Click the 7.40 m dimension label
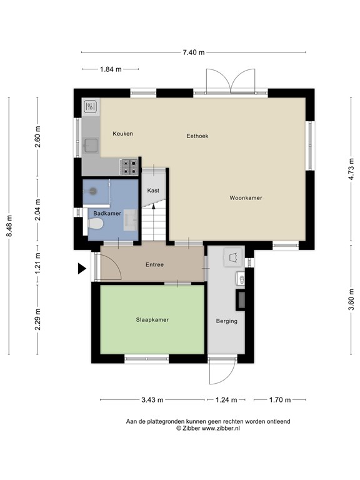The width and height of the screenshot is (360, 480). (194, 52)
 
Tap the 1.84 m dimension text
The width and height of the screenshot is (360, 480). (111, 69)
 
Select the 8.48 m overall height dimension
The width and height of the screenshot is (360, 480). (9, 226)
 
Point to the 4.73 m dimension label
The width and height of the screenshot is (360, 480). (351, 168)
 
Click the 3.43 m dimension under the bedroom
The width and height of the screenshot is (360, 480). (152, 400)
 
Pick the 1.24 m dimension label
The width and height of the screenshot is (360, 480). (226, 400)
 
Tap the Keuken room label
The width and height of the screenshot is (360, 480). (122, 134)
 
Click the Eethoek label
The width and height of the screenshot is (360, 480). (197, 136)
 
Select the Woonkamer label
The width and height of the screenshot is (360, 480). (246, 197)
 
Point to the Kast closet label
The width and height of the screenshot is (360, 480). (153, 191)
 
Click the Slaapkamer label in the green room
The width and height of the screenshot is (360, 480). (152, 319)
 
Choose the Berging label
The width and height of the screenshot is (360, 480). (226, 321)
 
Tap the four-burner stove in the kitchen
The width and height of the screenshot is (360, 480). (130, 167)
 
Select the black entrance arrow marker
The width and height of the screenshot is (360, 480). (82, 269)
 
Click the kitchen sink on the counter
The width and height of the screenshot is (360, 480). (91, 146)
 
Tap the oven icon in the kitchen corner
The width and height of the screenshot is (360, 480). (91, 107)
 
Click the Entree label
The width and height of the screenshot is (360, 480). (154, 264)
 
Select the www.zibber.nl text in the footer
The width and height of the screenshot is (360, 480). (221, 428)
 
